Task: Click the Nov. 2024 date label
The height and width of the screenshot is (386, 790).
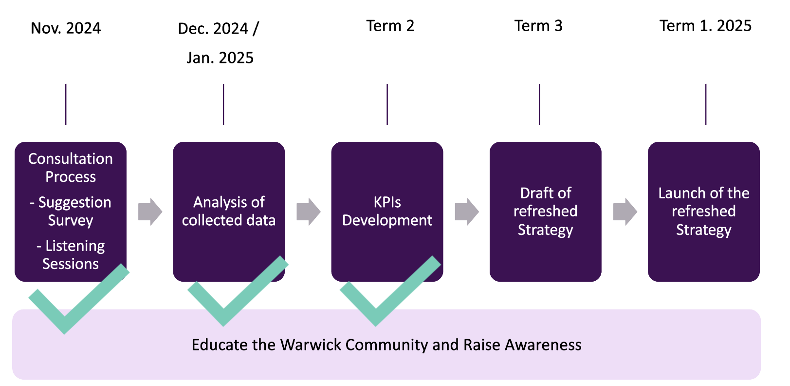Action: pyautogui.click(x=66, y=28)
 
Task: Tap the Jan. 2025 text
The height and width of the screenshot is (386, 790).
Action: pyautogui.click(x=220, y=58)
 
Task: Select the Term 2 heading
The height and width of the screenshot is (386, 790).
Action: pyautogui.click(x=390, y=26)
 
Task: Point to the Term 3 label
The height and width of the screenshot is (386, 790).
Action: pyautogui.click(x=538, y=26)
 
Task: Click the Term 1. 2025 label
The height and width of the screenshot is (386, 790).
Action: pyautogui.click(x=705, y=26)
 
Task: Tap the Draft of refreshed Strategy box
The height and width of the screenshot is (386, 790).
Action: pyautogui.click(x=545, y=211)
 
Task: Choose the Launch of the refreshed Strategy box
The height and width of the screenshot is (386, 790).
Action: pyautogui.click(x=703, y=211)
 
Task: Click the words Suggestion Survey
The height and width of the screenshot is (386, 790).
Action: pyautogui.click(x=71, y=211)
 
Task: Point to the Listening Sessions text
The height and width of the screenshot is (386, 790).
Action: pyautogui.click(x=71, y=254)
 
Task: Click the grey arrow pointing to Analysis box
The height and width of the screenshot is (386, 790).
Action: pyautogui.click(x=150, y=212)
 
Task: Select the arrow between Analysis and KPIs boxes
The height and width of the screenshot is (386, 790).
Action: pyautogui.click(x=308, y=212)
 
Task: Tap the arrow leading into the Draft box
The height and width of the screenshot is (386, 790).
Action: pyautogui.click(x=466, y=212)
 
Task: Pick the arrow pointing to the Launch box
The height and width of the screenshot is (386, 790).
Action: pyautogui.click(x=625, y=212)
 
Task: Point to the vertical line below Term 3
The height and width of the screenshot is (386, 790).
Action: pyautogui.click(x=539, y=104)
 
